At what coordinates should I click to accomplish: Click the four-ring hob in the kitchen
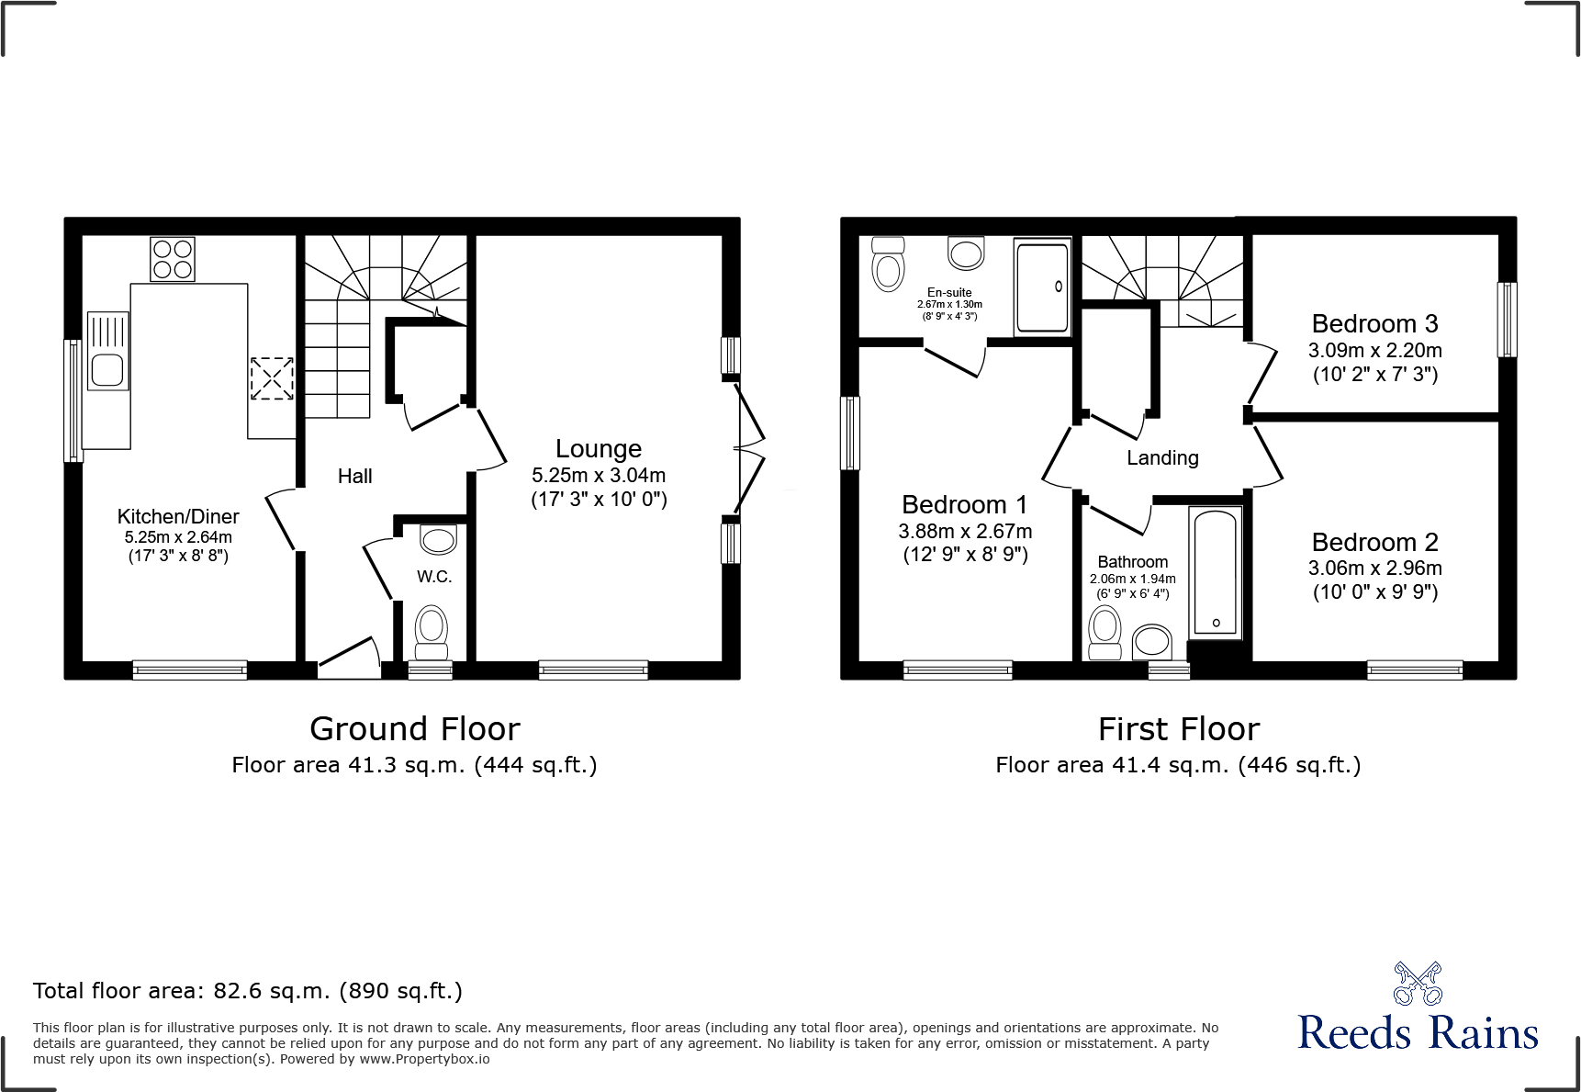click(173, 259)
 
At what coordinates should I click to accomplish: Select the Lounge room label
click(599, 448)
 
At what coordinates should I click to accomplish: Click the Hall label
click(354, 476)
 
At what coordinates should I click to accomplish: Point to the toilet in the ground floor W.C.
click(432, 632)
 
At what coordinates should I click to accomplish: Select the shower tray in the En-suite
click(1042, 287)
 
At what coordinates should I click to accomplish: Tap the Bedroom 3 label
click(1374, 323)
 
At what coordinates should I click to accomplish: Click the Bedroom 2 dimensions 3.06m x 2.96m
click(1374, 568)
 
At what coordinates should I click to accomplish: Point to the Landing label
click(1162, 457)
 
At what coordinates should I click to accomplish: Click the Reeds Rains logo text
click(1418, 1032)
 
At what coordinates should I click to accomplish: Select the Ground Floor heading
click(415, 728)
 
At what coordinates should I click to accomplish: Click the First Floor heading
click(1179, 728)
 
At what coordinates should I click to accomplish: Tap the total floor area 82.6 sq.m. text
click(248, 990)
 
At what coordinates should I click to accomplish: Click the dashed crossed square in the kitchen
click(272, 378)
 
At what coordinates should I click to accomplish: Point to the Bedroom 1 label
click(964, 504)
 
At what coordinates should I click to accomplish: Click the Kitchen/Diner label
click(178, 516)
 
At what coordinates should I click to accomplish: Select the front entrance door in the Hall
click(349, 659)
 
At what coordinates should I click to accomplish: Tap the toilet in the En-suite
click(888, 265)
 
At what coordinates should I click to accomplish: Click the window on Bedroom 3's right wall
click(1507, 319)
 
